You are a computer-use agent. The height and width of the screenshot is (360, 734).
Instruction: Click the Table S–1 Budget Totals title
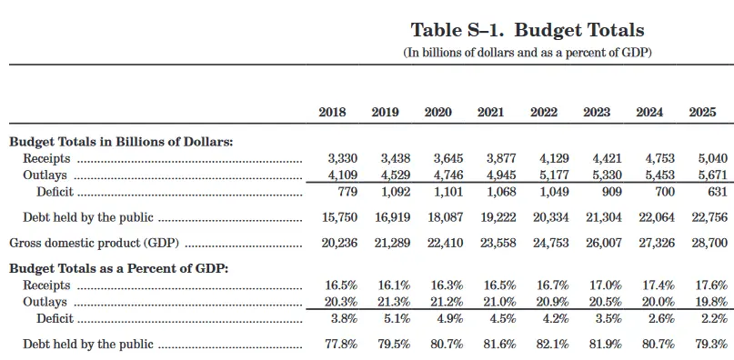pyautogui.click(x=528, y=30)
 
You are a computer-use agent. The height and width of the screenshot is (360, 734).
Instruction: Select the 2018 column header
pyautogui.click(x=332, y=113)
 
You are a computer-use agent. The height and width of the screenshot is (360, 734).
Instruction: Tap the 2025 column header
pyautogui.click(x=703, y=113)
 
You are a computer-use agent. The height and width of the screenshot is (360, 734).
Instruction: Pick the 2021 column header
pyautogui.click(x=491, y=113)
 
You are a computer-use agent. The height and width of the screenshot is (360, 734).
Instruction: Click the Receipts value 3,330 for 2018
pyautogui.click(x=342, y=158)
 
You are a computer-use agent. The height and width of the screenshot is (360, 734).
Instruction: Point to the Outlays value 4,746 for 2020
pyautogui.click(x=448, y=175)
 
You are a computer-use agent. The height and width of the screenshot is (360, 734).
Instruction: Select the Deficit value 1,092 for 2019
pyautogui.click(x=395, y=192)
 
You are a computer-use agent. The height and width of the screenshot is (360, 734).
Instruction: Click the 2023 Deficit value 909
pyautogui.click(x=610, y=192)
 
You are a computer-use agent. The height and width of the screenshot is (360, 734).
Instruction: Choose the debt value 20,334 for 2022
pyautogui.click(x=551, y=217)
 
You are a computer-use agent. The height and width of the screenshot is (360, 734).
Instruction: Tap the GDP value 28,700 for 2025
pyautogui.click(x=709, y=243)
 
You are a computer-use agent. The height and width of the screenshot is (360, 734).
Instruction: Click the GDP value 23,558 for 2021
pyautogui.click(x=498, y=243)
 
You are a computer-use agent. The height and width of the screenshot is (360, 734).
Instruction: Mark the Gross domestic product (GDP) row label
pyautogui.click(x=95, y=243)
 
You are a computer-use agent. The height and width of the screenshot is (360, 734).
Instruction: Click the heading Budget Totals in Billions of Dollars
pyautogui.click(x=121, y=142)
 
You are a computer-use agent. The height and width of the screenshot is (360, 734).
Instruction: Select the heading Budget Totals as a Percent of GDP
pyautogui.click(x=118, y=269)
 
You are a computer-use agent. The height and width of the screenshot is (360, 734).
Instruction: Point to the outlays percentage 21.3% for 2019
pyautogui.click(x=394, y=302)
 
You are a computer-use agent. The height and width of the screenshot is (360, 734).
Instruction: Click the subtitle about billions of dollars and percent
pyautogui.click(x=528, y=53)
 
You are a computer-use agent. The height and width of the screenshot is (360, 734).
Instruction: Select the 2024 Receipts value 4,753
pyautogui.click(x=660, y=158)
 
